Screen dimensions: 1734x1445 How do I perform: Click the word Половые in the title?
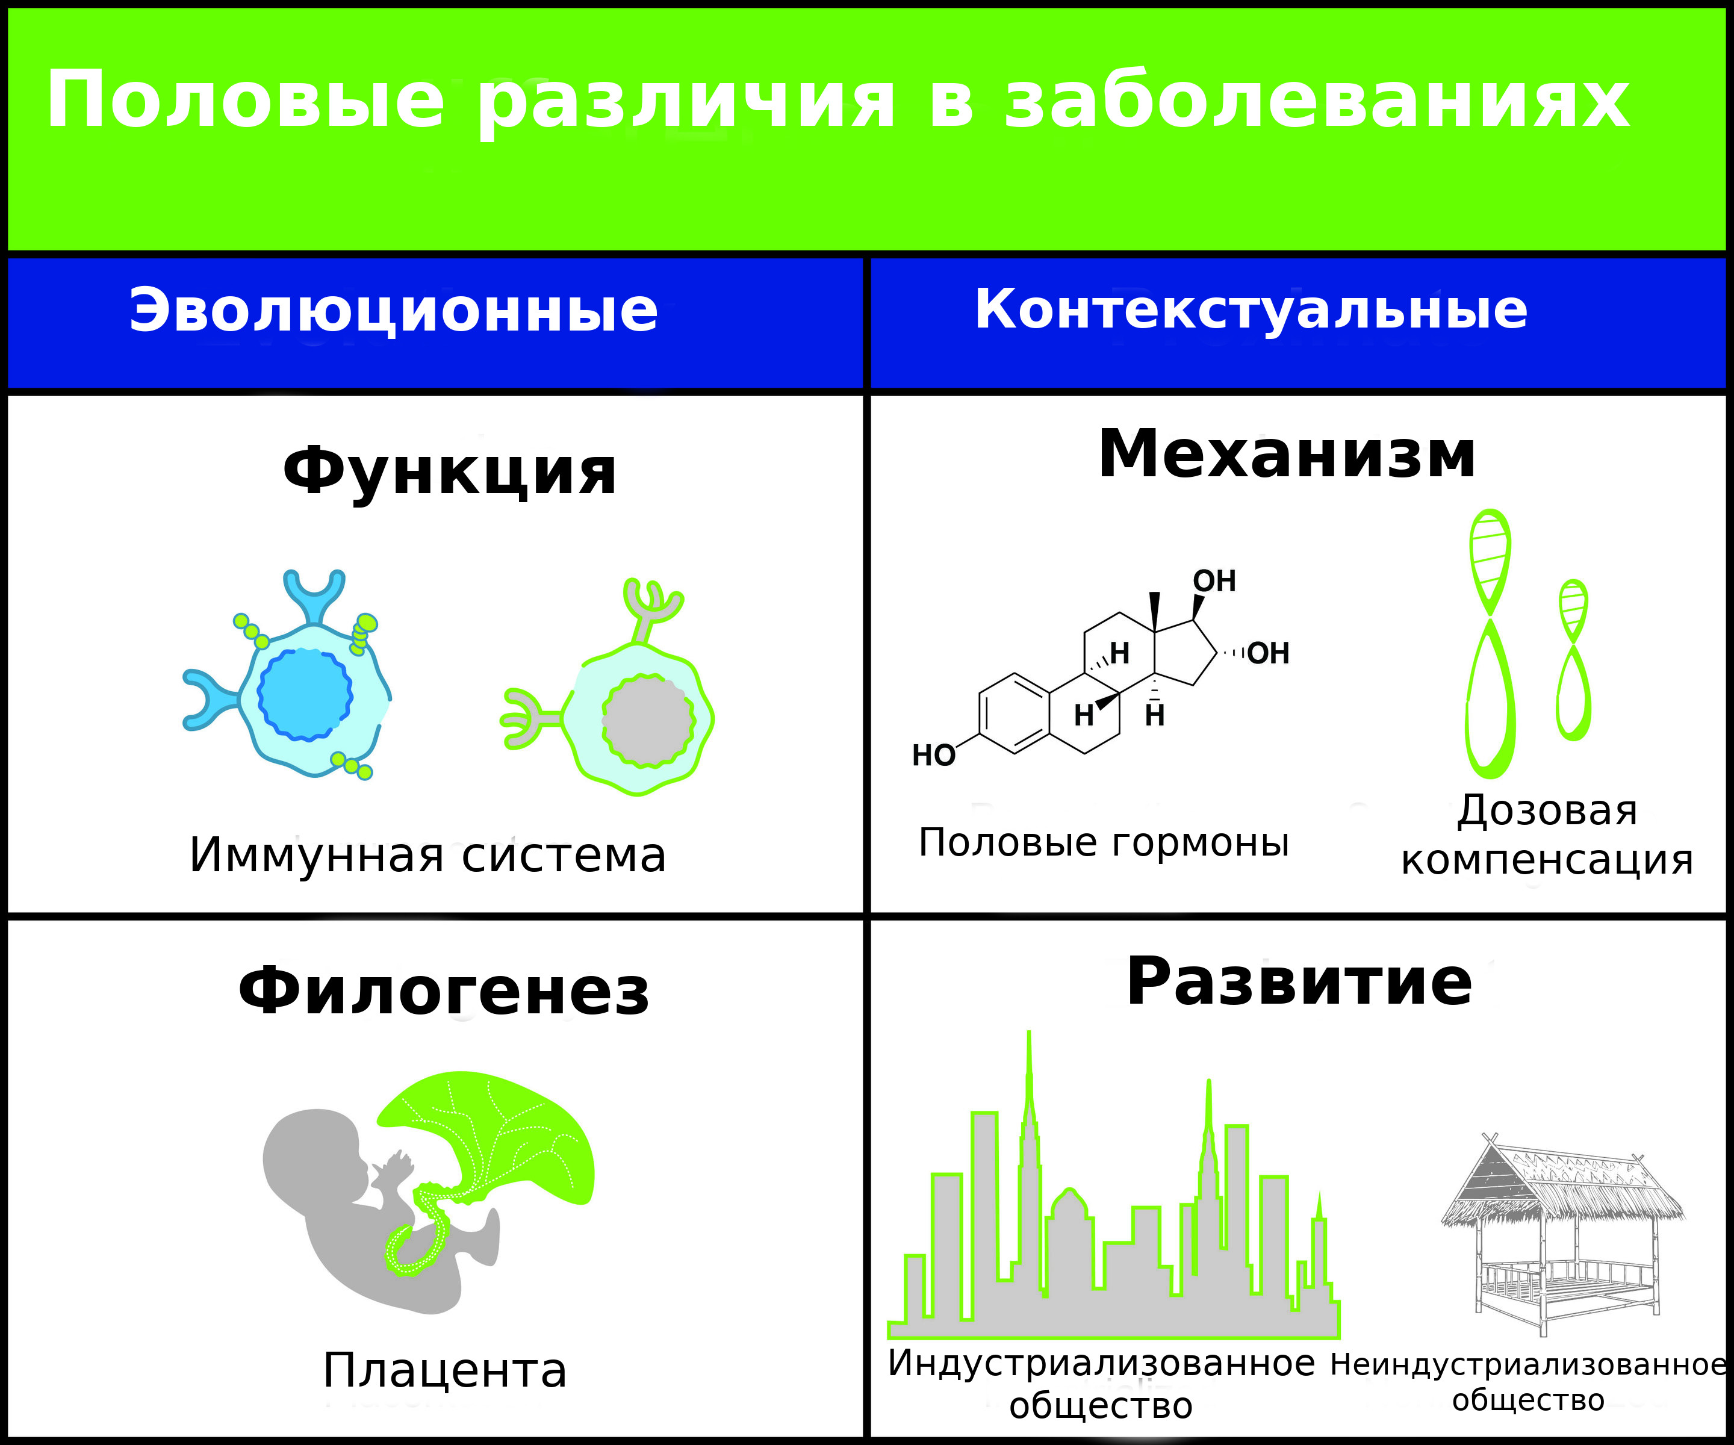click(246, 101)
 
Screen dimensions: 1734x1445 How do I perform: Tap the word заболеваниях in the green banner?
click(1317, 101)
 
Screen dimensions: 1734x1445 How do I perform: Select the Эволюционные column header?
click(394, 311)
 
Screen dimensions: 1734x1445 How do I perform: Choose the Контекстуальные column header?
click(1251, 309)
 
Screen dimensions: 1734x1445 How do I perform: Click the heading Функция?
click(450, 471)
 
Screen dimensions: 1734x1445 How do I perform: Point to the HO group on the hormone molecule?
click(933, 754)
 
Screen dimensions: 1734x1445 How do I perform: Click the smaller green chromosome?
click(1574, 660)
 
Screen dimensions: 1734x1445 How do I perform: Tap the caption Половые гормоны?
click(1104, 842)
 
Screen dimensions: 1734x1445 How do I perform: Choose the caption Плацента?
click(445, 1372)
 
